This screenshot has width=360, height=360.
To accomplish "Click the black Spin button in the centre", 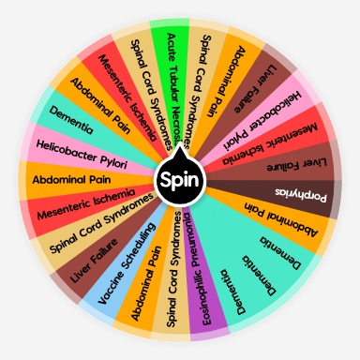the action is point(179,179).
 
